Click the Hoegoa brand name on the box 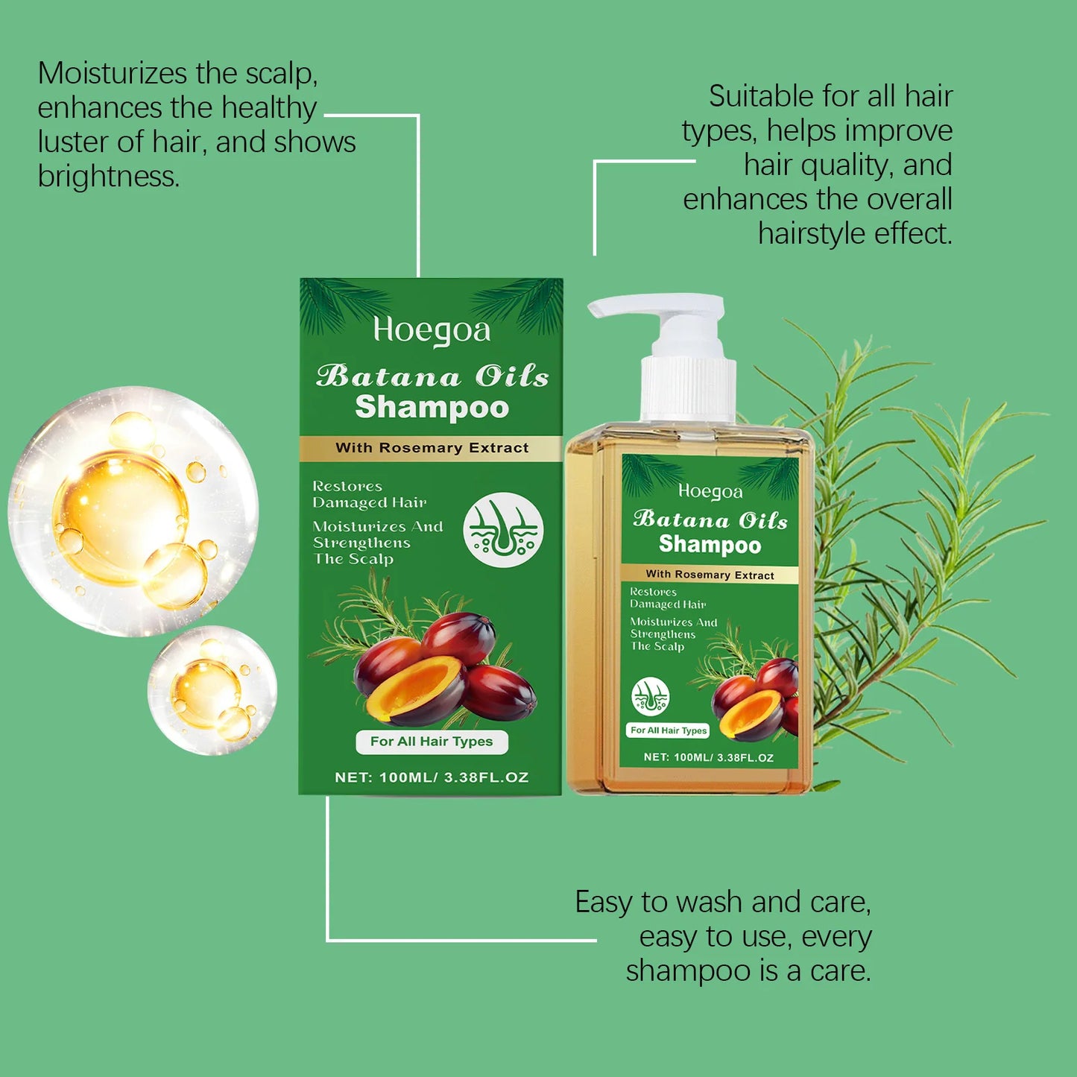pyautogui.click(x=432, y=330)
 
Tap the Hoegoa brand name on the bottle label pyautogui.click(x=710, y=491)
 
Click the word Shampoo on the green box pyautogui.click(x=432, y=407)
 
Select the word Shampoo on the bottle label pyautogui.click(x=710, y=545)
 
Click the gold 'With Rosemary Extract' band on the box pyautogui.click(x=431, y=448)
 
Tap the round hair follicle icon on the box pyautogui.click(x=503, y=530)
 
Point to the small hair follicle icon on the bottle pyautogui.click(x=650, y=696)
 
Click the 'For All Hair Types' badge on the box pyautogui.click(x=432, y=742)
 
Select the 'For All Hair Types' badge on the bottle pyautogui.click(x=669, y=730)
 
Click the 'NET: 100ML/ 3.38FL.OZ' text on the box pyautogui.click(x=432, y=777)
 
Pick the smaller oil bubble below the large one pyautogui.click(x=212, y=690)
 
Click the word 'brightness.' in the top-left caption pyautogui.click(x=109, y=177)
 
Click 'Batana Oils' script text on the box pyautogui.click(x=432, y=376)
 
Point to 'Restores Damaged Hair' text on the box pyautogui.click(x=369, y=494)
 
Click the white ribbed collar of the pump pyautogui.click(x=688, y=388)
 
